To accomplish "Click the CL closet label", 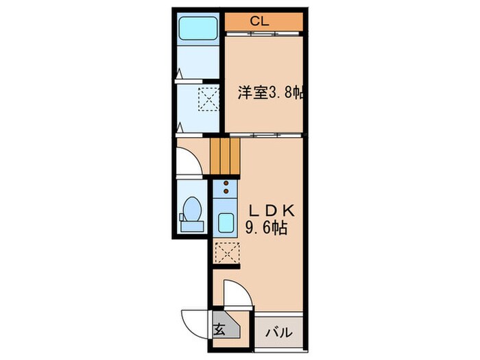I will tap(259, 21).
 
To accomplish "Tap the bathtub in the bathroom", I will tap(197, 28).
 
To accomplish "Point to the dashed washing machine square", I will tap(208, 99).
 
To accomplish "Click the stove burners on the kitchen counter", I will tap(224, 189).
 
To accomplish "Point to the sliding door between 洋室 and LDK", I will tap(264, 135).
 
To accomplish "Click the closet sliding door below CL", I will tap(264, 33).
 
